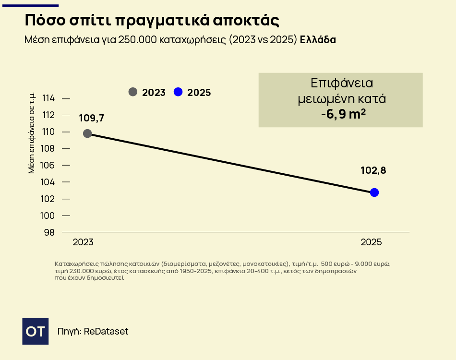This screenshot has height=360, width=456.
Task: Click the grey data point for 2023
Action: click(87, 133)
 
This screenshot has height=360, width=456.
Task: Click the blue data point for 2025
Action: click(374, 192)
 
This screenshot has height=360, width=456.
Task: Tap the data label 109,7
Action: click(91, 118)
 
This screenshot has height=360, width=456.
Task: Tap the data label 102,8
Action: click(373, 170)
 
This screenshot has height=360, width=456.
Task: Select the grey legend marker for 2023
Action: click(133, 92)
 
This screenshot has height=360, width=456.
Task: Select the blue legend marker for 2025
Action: click(178, 92)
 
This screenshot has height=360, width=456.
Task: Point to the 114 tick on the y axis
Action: click(49, 98)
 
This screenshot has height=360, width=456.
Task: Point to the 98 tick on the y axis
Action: click(49, 232)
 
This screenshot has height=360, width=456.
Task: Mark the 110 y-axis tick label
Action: click(49, 132)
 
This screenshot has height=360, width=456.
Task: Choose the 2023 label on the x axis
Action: click(83, 242)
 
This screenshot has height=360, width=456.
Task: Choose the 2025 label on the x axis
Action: click(371, 242)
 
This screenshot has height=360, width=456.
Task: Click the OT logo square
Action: click(36, 331)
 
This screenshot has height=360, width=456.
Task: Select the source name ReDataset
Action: click(106, 332)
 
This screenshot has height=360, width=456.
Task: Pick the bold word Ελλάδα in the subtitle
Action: click(318, 40)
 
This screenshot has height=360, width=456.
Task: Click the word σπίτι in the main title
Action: click(84, 21)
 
